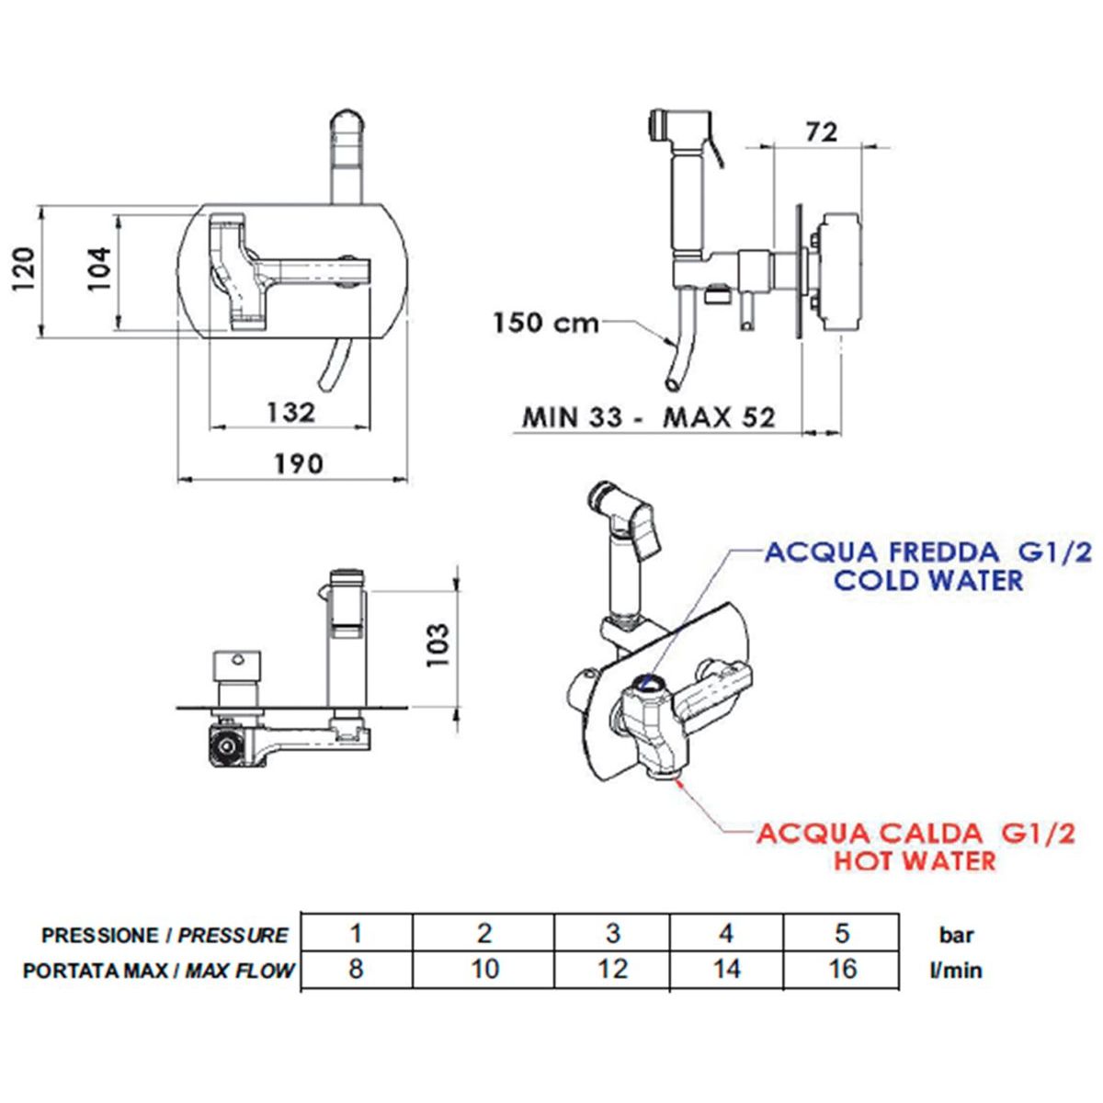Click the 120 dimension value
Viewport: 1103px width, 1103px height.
[25, 269]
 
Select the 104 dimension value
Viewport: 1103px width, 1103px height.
[99, 269]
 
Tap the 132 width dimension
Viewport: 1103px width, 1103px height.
[290, 412]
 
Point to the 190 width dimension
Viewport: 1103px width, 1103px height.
[298, 463]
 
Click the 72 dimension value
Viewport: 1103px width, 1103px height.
[822, 132]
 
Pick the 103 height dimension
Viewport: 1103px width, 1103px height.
[438, 645]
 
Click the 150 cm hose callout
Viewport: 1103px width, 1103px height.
[546, 324]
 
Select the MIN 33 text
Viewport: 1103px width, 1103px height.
[572, 417]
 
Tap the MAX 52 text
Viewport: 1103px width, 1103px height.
[720, 417]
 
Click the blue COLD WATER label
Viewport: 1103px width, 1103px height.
[927, 580]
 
